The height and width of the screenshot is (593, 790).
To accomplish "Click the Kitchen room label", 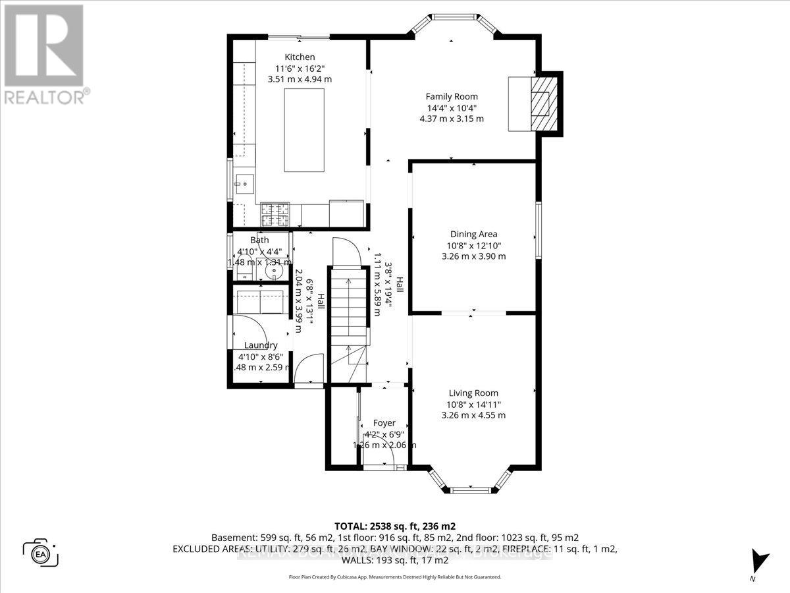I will (x=300, y=57).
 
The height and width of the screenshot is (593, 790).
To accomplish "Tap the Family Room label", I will (x=451, y=97).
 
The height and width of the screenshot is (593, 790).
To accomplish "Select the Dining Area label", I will (x=473, y=234).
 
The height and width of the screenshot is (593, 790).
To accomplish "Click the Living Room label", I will (x=473, y=393).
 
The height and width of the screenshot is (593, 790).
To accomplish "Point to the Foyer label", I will (x=384, y=423).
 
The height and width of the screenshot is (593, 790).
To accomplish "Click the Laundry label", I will (x=261, y=345).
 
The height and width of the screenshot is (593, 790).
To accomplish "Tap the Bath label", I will (x=259, y=240).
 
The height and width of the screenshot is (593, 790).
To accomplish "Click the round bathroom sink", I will (x=276, y=270).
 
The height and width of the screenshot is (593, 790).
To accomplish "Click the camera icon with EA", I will (x=41, y=551).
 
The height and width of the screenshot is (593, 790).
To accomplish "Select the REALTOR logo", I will (x=44, y=53).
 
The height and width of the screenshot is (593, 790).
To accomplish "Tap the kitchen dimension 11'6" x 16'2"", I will (x=300, y=69).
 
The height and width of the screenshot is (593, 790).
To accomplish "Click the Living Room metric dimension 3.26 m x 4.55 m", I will (x=473, y=415).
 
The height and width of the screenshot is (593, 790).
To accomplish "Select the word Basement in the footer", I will (x=232, y=538).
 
